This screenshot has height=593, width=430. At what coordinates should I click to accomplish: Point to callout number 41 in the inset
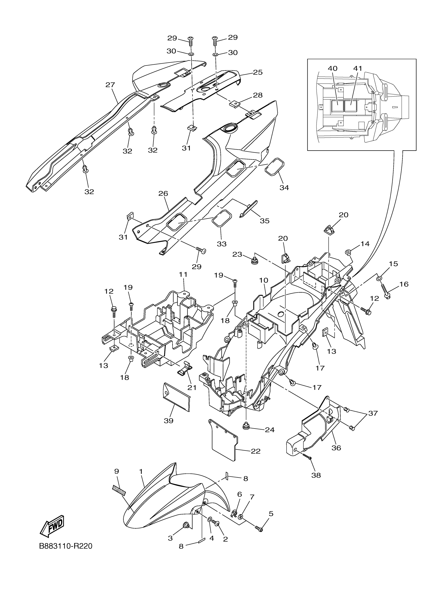357,68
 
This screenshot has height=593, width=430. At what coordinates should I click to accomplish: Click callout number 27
111,85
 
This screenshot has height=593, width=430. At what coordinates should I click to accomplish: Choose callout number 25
258,72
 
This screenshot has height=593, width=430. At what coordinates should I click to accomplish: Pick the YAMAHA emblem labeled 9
119,490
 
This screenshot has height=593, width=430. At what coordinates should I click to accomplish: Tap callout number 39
168,421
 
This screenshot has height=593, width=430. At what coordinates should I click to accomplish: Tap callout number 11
183,275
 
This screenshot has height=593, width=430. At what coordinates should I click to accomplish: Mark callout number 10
264,280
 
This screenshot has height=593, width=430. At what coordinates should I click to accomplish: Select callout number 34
284,187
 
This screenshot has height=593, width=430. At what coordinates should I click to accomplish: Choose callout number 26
163,194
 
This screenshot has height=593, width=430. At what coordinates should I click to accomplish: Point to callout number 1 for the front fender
141,471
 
